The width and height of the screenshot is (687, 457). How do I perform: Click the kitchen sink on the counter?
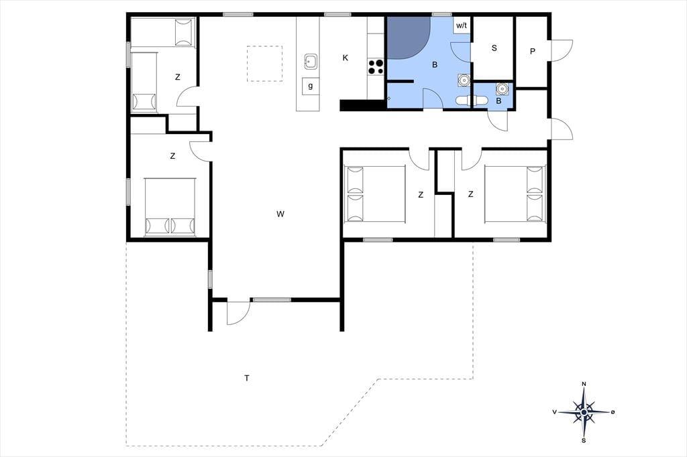[x=311, y=62]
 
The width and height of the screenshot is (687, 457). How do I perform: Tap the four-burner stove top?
[x=376, y=66]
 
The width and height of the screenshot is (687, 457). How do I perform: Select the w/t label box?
[x=462, y=25]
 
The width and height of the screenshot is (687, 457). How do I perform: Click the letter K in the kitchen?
[x=346, y=58]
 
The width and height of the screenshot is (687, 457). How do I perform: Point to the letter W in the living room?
[x=280, y=214]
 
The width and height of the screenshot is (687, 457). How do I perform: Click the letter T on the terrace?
[x=247, y=378]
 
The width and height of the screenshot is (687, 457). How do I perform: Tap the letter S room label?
[x=494, y=48]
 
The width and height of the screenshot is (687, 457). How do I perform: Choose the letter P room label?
[x=532, y=51]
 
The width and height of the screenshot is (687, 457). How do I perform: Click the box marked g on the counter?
[x=311, y=86]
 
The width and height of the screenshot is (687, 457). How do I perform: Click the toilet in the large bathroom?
[x=463, y=101]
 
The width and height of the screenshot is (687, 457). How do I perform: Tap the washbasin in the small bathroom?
[x=502, y=89]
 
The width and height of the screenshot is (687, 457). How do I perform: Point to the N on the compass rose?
[x=584, y=384]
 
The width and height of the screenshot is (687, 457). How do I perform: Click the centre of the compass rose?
[x=584, y=412]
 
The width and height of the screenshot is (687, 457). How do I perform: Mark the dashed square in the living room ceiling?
[x=264, y=64]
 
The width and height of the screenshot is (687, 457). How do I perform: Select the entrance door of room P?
[x=562, y=51]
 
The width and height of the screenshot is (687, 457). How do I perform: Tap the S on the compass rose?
[x=584, y=440]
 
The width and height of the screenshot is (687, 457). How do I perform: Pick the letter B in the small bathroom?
[x=498, y=101]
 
